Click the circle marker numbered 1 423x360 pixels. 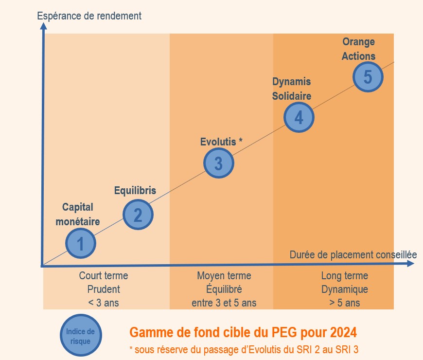tap(81, 243)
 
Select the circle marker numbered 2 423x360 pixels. tap(138, 214)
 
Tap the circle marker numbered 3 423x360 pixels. tap(219, 163)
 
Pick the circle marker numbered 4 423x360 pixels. tap(299, 117)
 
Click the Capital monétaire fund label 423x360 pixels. tap(78, 214)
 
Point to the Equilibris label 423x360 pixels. tap(135, 190)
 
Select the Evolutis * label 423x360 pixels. tap(221, 142)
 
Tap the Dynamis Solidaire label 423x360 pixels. tap(291, 89)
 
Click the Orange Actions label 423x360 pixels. tap(358, 49)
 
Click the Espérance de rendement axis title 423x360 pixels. tap(89, 16)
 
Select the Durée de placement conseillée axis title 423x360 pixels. tap(353, 254)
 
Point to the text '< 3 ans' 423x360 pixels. tap(104, 303)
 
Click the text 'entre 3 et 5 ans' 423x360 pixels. tap(224, 303)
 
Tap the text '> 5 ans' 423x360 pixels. tap(344, 303)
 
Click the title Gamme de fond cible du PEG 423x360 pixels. tap(243, 333)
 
